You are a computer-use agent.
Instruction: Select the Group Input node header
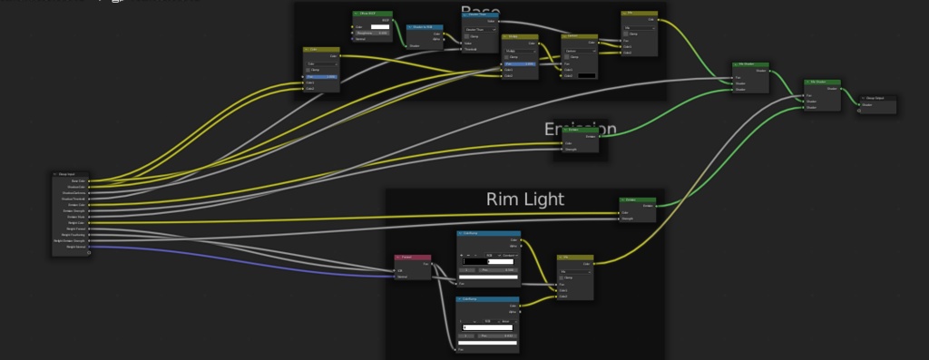point(72,173)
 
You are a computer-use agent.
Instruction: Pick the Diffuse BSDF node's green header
point(371,14)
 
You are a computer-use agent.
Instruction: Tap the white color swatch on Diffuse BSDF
point(379,26)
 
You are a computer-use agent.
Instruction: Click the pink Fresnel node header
point(413,257)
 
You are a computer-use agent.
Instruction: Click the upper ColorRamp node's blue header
point(486,232)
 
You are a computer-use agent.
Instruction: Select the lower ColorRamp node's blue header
point(486,298)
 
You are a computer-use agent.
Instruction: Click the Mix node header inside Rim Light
point(574,257)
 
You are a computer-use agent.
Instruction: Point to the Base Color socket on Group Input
point(92,181)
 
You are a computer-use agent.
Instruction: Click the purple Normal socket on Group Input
point(92,247)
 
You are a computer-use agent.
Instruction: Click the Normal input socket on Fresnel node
point(396,277)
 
